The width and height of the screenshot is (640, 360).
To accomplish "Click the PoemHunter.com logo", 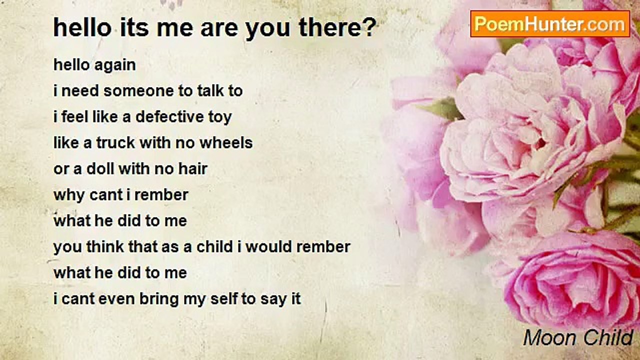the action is (x=550, y=24).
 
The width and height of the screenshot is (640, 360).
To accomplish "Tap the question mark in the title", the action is (x=370, y=27).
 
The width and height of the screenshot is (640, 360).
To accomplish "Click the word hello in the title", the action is (x=82, y=27).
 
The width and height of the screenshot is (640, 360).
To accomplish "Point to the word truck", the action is (x=115, y=142).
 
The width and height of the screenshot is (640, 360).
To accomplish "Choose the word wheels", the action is (x=226, y=142).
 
